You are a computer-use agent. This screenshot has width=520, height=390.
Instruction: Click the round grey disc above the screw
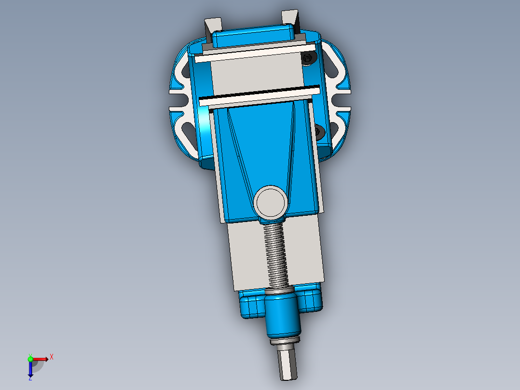(x=270, y=202)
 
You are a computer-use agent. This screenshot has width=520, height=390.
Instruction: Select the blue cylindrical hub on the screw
(x=282, y=315)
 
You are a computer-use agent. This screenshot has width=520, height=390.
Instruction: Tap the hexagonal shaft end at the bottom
(x=288, y=364)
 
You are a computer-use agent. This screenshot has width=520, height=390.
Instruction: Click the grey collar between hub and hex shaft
(x=286, y=342)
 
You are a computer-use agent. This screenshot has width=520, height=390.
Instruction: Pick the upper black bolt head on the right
(x=308, y=58)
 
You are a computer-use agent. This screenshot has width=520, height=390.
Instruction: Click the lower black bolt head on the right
(x=319, y=130)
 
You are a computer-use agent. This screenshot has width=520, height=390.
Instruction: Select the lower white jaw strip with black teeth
(x=260, y=96)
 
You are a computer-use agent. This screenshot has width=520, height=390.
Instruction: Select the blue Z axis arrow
(x=30, y=370)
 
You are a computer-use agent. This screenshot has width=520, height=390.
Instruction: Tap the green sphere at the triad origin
(x=30, y=358)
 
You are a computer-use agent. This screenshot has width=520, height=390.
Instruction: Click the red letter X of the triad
(x=52, y=357)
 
